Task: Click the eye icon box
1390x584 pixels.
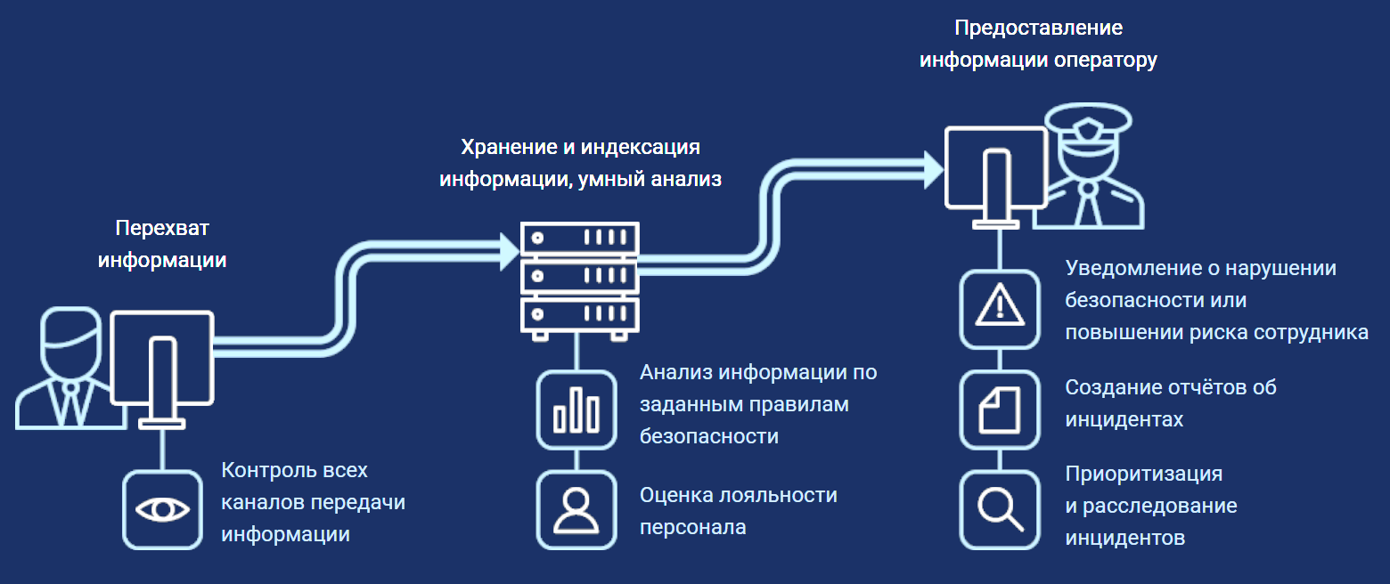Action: click(162, 509)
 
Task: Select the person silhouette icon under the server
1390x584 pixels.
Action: click(576, 509)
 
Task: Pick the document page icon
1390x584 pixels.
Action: click(1000, 410)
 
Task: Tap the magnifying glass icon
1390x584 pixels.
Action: click(1000, 509)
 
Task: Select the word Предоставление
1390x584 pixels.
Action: click(1038, 28)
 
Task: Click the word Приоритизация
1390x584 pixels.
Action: click(1144, 473)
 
